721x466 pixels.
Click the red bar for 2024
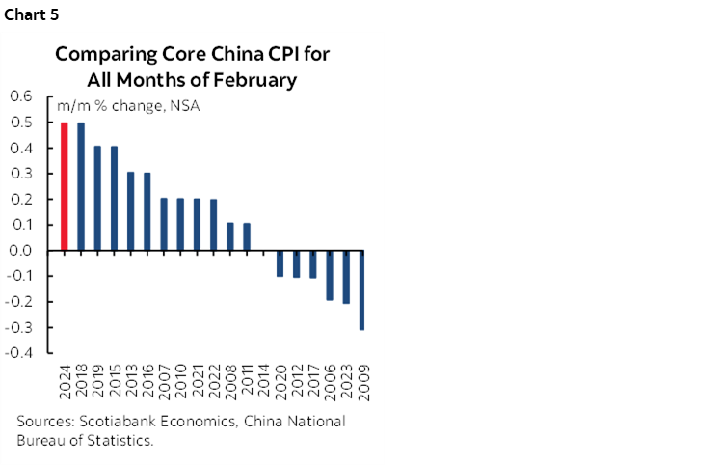[x=65, y=186]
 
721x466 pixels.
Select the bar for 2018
[x=81, y=186]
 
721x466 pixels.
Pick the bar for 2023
[x=346, y=277]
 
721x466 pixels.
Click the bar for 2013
[x=131, y=211]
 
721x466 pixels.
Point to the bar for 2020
[x=280, y=263]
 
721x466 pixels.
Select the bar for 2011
[x=247, y=237]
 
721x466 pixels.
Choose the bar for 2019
[x=97, y=199]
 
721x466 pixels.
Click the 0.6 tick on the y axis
[x=21, y=97]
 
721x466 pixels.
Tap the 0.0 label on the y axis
[x=21, y=251]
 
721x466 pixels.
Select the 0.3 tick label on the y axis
[x=21, y=174]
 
